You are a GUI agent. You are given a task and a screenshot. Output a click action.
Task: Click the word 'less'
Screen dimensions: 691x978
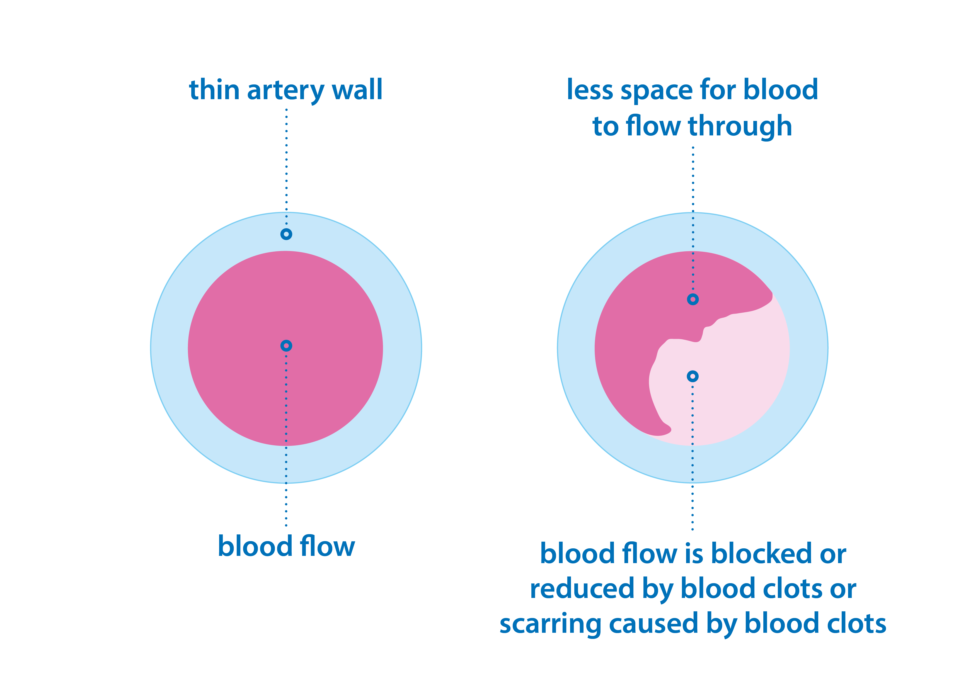click(x=590, y=90)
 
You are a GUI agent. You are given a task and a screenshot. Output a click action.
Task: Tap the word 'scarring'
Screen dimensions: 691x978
click(x=550, y=625)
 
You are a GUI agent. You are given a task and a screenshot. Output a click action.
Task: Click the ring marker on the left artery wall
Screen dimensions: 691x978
click(x=286, y=234)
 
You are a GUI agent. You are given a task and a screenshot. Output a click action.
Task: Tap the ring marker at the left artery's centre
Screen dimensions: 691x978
click(x=286, y=346)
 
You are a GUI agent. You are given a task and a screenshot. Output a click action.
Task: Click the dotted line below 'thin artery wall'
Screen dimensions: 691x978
click(x=286, y=166)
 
